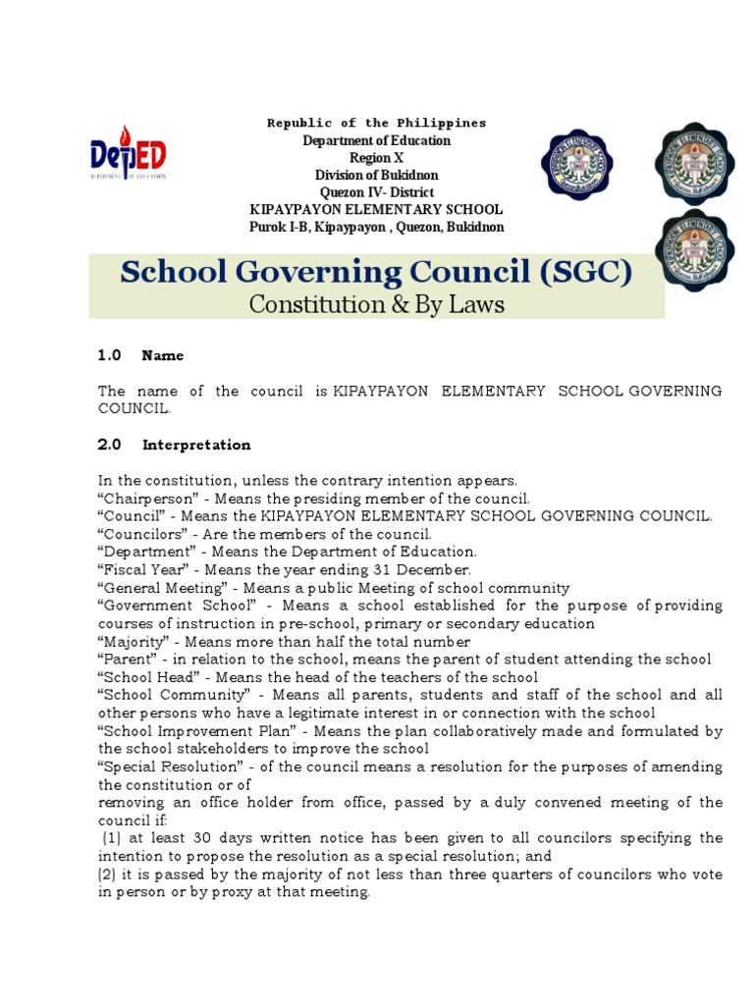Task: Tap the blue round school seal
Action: tap(576, 163)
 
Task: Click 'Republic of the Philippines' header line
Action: tap(376, 123)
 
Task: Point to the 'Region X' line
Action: tap(376, 158)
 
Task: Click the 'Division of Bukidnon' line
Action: tap(376, 176)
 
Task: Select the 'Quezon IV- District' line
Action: tap(376, 192)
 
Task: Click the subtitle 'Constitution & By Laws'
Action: tap(376, 304)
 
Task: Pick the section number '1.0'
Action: tap(109, 355)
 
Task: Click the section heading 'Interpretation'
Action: tap(196, 445)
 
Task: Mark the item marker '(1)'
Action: tap(113, 838)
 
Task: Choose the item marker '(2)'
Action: tap(109, 873)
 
